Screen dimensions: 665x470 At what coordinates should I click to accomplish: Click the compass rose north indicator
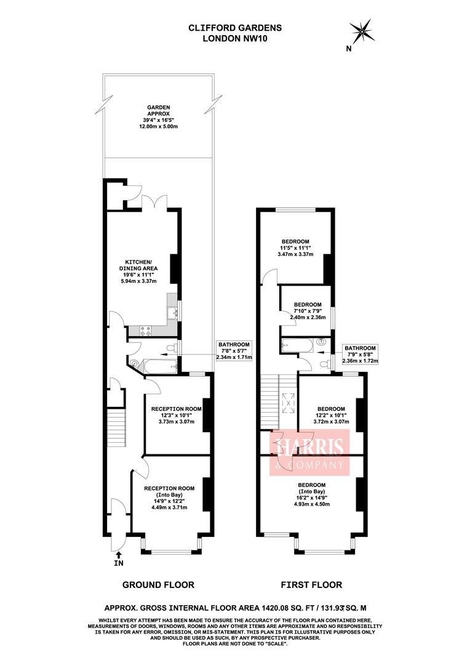362,30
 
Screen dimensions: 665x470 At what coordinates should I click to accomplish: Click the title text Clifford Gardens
234,27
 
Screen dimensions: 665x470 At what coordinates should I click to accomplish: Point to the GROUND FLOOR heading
159,584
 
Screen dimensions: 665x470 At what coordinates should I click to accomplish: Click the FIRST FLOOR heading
311,584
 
